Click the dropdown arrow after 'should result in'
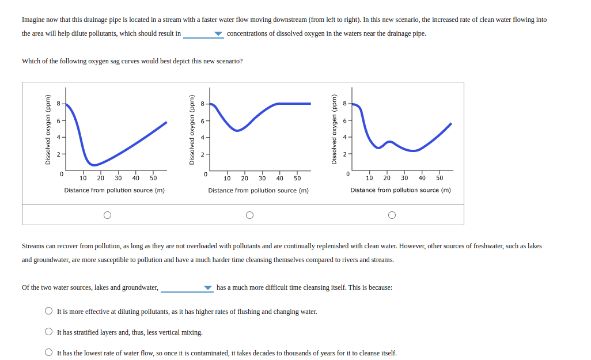(218, 34)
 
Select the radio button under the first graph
(107, 215)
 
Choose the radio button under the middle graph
(249, 215)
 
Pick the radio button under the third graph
(392, 215)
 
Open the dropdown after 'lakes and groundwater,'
(208, 287)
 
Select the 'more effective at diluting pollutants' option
(49, 312)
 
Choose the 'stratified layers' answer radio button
(49, 332)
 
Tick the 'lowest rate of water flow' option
(49, 353)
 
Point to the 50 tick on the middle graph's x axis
(297, 179)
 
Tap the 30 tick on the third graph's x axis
(404, 178)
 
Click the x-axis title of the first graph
(114, 190)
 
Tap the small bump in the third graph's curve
(389, 142)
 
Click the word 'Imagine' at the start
(33, 20)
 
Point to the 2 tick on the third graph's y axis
(344, 154)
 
